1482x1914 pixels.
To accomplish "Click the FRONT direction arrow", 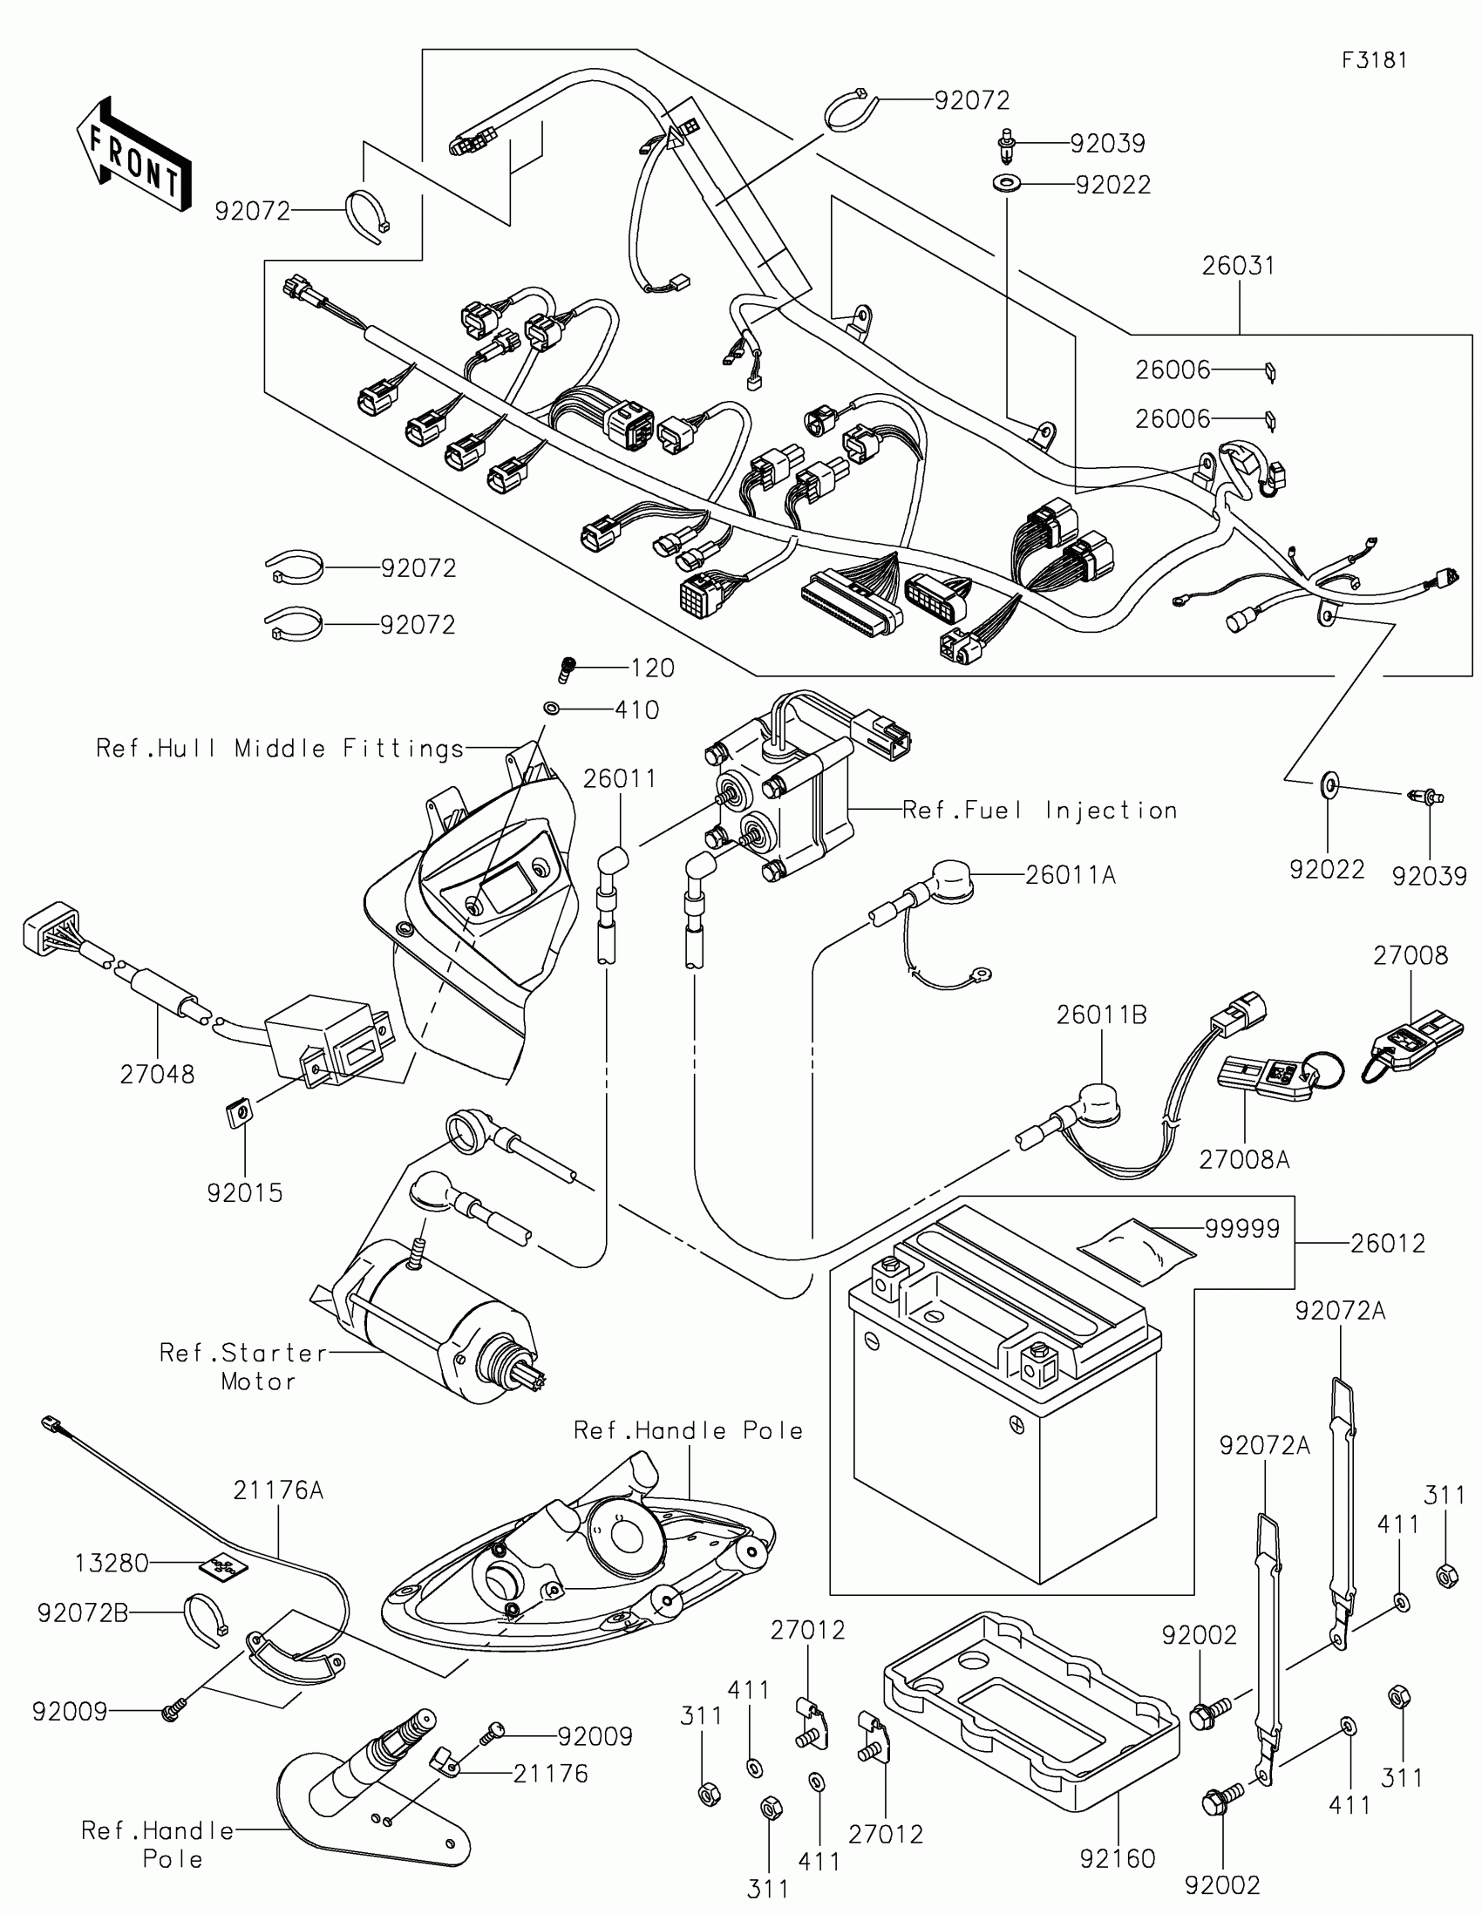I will (x=133, y=154).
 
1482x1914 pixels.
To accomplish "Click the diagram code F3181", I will (x=1374, y=60).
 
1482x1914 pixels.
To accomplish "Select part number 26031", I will (x=1238, y=267).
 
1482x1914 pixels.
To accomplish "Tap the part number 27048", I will (x=158, y=1074).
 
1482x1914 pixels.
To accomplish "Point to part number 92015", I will (x=244, y=1192).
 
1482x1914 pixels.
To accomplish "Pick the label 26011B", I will (x=1101, y=1015).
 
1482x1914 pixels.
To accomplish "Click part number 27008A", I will (x=1244, y=1159).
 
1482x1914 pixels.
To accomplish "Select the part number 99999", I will (x=1242, y=1229).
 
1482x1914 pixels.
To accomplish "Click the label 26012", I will (x=1387, y=1243).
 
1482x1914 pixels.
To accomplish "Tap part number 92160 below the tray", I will (x=1118, y=1859).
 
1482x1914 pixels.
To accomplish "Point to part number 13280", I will (x=112, y=1564).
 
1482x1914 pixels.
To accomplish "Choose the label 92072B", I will (x=83, y=1612).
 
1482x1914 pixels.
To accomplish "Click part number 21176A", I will (x=279, y=1490).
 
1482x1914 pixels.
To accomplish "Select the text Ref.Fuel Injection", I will (x=1039, y=811).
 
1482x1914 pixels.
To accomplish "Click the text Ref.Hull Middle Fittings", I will (x=280, y=749).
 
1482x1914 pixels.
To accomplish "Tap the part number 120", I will (x=652, y=669).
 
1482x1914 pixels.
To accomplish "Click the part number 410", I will (x=636, y=709).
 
